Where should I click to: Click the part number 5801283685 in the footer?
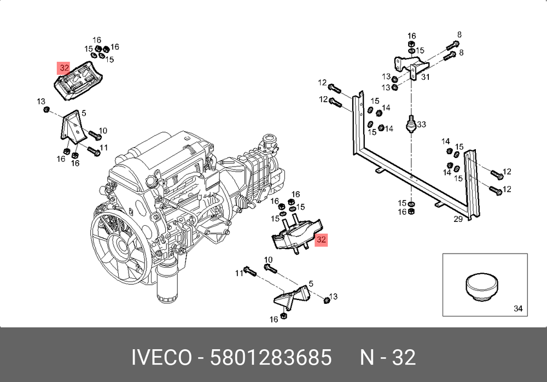click(x=271, y=357)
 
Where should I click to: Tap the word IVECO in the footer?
click(x=161, y=357)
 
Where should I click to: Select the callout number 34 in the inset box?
click(x=518, y=308)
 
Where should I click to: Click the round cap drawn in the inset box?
click(x=482, y=286)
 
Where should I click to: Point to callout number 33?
click(x=421, y=124)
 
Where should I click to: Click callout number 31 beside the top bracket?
click(x=425, y=77)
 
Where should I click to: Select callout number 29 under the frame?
click(x=458, y=219)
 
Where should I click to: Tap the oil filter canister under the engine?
click(x=167, y=283)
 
